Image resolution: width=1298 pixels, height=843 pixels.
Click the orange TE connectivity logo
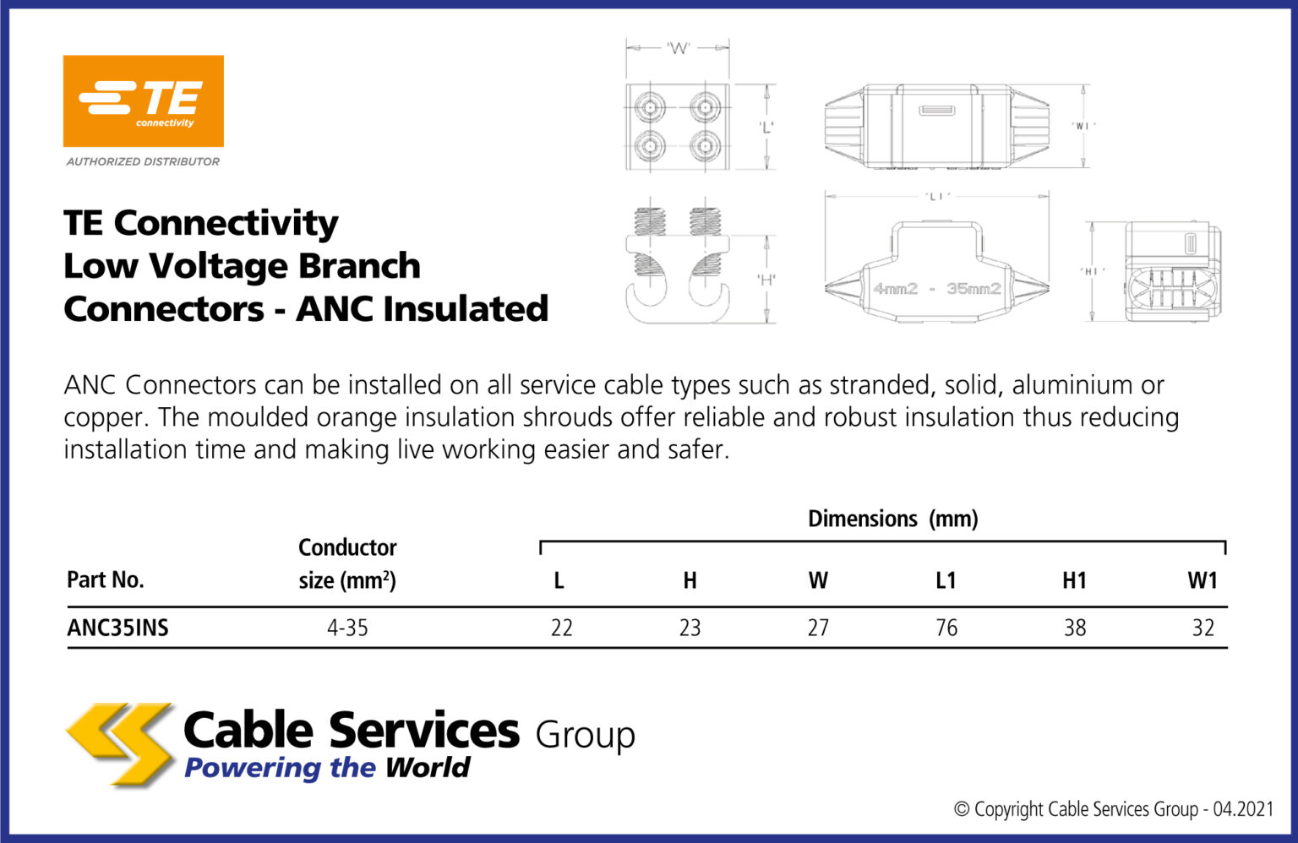[x=143, y=101]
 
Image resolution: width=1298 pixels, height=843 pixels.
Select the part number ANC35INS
[x=117, y=628]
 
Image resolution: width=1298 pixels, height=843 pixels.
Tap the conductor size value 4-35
[x=347, y=628]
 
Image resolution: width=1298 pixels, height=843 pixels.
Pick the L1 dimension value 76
[x=946, y=628]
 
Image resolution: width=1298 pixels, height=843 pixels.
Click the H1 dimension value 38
[x=1075, y=628]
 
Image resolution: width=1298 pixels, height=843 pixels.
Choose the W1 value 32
[x=1203, y=628]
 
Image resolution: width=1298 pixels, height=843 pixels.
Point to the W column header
[x=817, y=580]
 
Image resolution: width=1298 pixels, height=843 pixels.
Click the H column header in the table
[x=690, y=580]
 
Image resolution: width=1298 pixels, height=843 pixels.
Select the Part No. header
[x=106, y=579]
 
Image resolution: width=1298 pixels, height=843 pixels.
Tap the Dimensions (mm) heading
[x=892, y=519]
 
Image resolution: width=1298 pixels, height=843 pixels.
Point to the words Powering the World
[x=327, y=768]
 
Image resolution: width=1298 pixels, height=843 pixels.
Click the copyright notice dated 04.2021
[x=1113, y=809]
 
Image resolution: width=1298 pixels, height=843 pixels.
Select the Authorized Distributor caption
[x=143, y=161]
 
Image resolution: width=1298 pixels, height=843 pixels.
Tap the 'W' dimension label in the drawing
[x=678, y=48]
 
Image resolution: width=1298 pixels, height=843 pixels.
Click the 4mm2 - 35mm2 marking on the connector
[x=936, y=289]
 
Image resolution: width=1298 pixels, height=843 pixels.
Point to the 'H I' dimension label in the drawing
[x=1091, y=271]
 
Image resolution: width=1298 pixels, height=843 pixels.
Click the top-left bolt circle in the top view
[x=650, y=107]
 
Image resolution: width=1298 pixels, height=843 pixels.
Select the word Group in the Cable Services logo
[x=585, y=735]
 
